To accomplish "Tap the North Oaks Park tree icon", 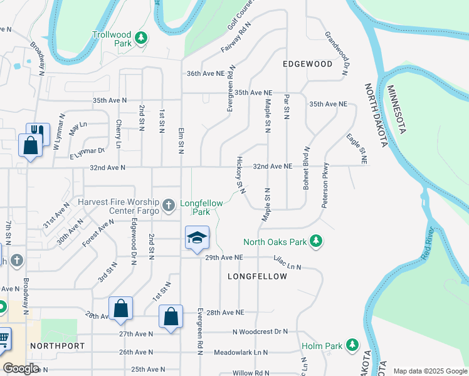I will click(317, 241).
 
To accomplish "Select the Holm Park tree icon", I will click(352, 345).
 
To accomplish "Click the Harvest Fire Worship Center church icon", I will click(167, 205).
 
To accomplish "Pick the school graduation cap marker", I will click(196, 238).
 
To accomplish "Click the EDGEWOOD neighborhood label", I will click(307, 64).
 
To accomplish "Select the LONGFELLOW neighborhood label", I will click(257, 276).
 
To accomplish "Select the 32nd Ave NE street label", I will click(273, 167).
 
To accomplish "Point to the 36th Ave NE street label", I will click(206, 73).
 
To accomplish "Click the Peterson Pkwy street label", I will click(325, 186).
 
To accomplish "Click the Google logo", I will click(21, 368).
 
